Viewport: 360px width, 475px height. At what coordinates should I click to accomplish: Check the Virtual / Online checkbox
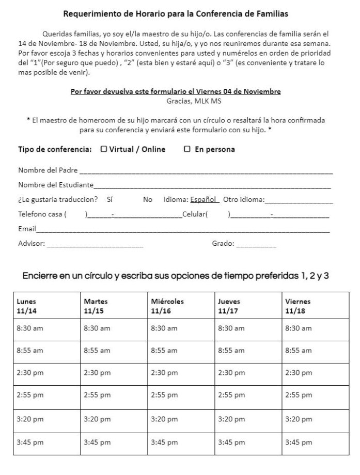104,149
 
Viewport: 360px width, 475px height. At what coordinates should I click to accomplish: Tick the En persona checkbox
187,149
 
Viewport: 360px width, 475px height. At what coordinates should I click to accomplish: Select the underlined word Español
205,199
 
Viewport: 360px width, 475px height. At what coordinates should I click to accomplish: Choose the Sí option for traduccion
109,199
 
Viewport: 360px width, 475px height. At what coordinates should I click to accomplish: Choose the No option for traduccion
148,199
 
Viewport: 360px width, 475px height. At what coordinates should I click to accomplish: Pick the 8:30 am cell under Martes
114,328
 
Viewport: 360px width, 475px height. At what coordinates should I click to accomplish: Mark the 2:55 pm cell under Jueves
248,395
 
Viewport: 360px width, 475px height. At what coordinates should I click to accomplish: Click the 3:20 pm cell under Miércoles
181,419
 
